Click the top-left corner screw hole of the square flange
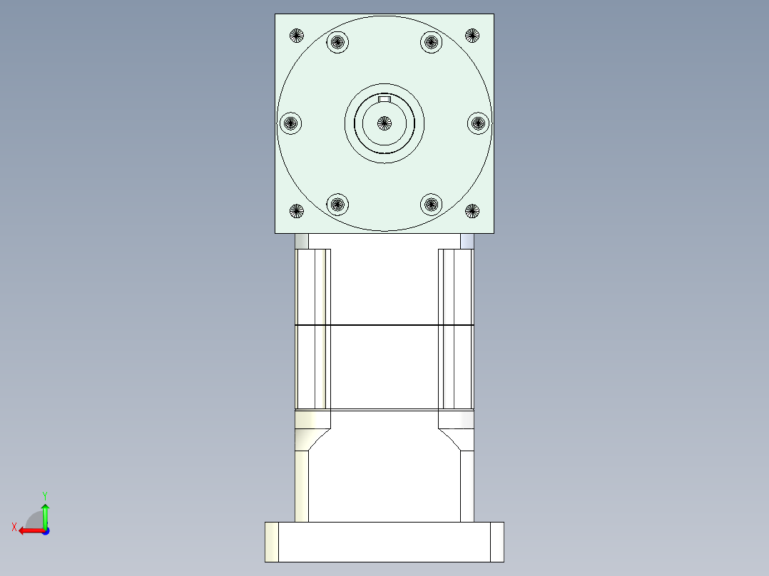pyautogui.click(x=297, y=36)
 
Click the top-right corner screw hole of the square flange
pyautogui.click(x=472, y=36)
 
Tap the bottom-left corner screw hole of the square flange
pyautogui.click(x=297, y=211)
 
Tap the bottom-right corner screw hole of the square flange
pyautogui.click(x=472, y=211)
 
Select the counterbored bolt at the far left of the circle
pyautogui.click(x=291, y=123)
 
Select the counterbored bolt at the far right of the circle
pyautogui.click(x=478, y=123)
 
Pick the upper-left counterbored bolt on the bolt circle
pyautogui.click(x=337, y=42)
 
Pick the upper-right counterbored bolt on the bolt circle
pyautogui.click(x=431, y=42)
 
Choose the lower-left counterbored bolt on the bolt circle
pyautogui.click(x=337, y=204)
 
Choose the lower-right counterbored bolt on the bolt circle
pyautogui.click(x=431, y=204)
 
